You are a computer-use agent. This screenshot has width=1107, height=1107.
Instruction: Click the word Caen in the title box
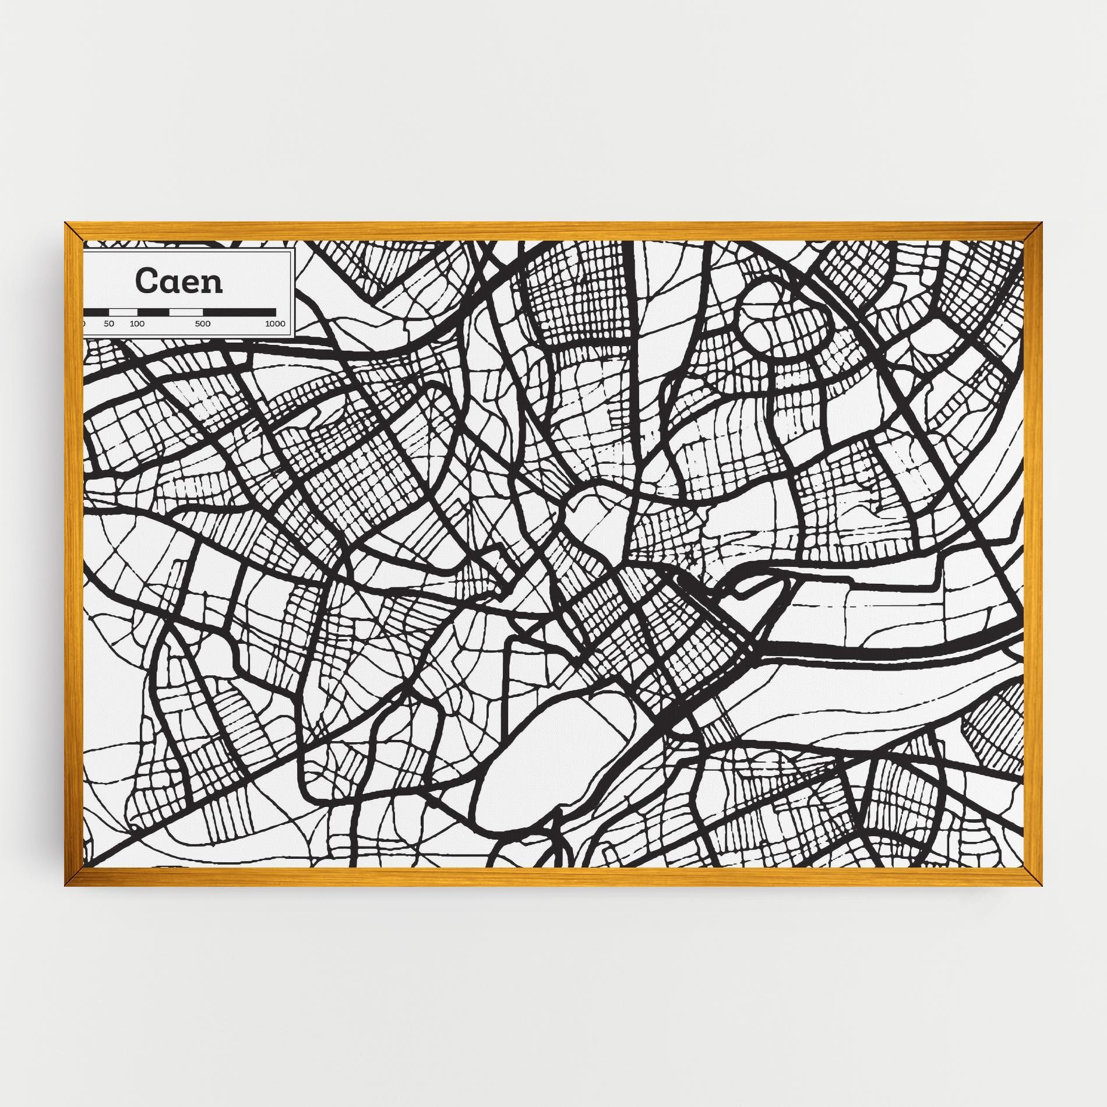point(179,281)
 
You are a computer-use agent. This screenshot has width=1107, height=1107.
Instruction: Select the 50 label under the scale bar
point(109,324)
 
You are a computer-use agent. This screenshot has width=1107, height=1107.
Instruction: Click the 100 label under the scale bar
point(137,324)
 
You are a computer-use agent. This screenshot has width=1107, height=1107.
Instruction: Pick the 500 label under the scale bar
point(203,324)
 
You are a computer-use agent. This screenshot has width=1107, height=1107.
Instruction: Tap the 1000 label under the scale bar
point(275,324)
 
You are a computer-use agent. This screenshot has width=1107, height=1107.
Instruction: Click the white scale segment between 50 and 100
point(123,312)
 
